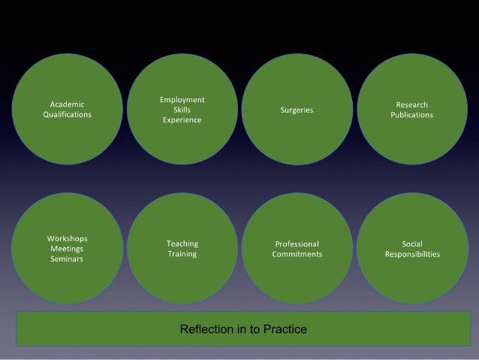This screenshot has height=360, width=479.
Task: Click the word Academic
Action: coord(67,104)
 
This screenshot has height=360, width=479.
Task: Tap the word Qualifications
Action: coord(67,115)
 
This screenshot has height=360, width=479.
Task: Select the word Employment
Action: coord(182,99)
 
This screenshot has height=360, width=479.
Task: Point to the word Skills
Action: coord(182,110)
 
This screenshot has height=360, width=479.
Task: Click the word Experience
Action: coord(182,120)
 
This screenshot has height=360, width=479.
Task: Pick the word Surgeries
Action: coord(297,110)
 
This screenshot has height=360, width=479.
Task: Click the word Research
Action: coord(411,104)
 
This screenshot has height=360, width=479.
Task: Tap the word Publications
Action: coord(411,115)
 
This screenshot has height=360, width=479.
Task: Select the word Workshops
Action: coord(67,238)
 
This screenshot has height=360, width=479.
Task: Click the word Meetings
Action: coord(67,249)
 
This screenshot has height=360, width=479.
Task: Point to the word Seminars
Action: coord(67,259)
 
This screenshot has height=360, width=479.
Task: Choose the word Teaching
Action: coord(182,244)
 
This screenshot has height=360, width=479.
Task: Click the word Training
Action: coord(182,254)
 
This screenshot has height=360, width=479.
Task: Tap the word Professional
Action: coord(297,244)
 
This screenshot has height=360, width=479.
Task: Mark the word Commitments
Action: coord(297,254)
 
